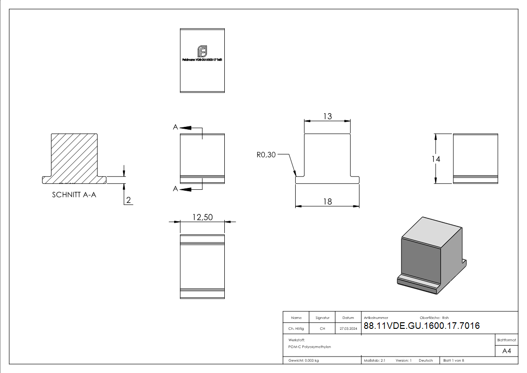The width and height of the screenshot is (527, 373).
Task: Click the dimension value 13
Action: coord(327,116)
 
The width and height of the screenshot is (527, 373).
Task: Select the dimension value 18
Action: coord(327,202)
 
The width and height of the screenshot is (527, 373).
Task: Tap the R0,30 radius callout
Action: coord(266,155)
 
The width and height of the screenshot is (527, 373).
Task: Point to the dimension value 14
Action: coord(436,159)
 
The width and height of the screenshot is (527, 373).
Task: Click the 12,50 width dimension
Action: coord(202,217)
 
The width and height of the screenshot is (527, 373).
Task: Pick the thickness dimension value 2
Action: coord(129,201)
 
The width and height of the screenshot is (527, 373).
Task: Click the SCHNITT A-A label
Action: coord(74,195)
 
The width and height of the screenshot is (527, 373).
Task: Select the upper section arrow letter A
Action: coord(175,127)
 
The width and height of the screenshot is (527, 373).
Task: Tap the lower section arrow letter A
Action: coord(175,189)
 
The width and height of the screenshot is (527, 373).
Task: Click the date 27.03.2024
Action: coord(348,329)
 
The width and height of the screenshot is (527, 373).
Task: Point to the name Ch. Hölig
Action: coord(296,329)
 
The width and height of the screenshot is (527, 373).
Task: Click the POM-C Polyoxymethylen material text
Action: coord(310,347)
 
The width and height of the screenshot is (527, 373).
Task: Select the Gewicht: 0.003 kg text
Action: coord(304,360)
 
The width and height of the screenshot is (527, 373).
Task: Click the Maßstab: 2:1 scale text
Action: coord(374,360)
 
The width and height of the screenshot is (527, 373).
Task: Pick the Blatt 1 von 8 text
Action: coord(454,360)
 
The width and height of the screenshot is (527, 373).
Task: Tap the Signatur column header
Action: coord(322,318)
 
